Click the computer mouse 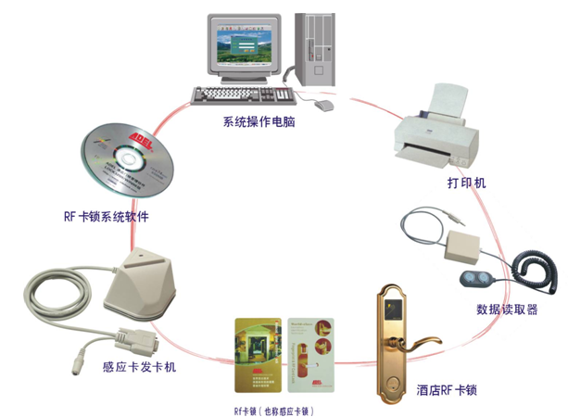point(322,106)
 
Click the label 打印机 point(466,183)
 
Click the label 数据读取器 point(505,310)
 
